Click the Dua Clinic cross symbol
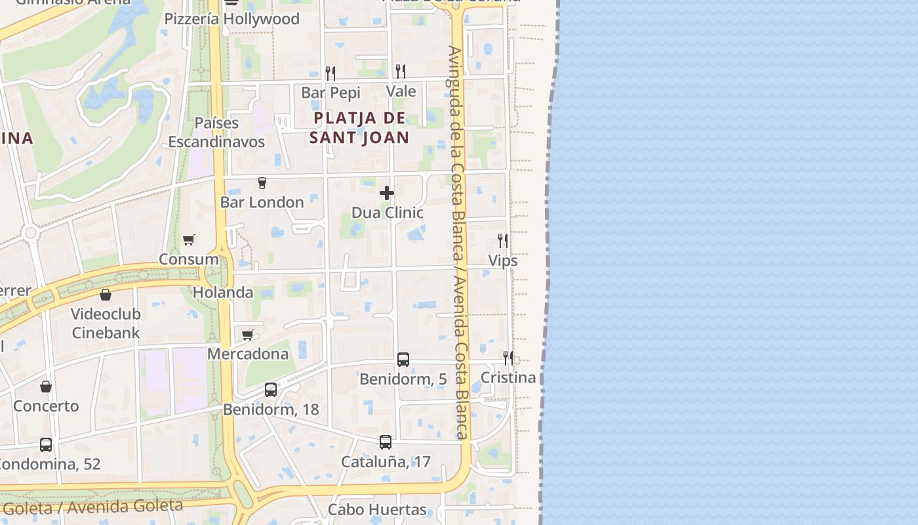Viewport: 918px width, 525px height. coord(387,193)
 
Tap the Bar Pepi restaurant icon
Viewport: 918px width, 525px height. coord(330,73)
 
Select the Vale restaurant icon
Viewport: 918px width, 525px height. coord(400,71)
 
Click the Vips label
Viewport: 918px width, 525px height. coord(503,261)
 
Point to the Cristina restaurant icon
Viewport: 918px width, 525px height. coord(508,358)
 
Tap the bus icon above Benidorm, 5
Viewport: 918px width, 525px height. coord(403,360)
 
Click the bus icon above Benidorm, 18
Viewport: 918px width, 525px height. coord(271,390)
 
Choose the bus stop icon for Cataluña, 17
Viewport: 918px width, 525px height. coord(386,442)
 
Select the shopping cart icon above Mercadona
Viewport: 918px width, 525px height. coord(247,335)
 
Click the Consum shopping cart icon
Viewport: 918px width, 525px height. coord(189,240)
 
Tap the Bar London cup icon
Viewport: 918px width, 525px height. coord(262,182)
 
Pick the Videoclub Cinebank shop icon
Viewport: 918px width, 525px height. coord(106,295)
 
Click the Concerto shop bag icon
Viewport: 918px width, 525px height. coord(46,387)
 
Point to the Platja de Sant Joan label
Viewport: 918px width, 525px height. coord(359,128)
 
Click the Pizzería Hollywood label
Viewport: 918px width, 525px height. coord(232,19)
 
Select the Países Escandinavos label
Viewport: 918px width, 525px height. coord(217,133)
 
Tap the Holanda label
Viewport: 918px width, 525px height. coord(223,292)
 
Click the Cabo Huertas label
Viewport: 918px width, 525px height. coord(377,509)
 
